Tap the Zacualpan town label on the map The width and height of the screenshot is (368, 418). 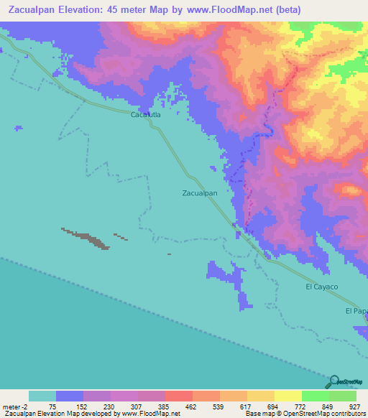(x=199, y=193)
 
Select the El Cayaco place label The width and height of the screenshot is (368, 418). (x=321, y=287)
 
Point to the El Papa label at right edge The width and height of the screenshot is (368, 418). (x=356, y=311)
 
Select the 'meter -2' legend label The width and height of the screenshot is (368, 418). (x=15, y=406)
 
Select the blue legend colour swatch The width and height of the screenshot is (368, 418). (x=70, y=396)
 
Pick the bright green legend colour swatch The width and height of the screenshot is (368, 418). (x=316, y=396)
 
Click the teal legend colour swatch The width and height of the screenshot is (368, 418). (x=42, y=396)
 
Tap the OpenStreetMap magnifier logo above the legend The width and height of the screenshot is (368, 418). (x=334, y=382)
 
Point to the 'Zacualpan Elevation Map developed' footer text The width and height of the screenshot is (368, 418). (x=61, y=414)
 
